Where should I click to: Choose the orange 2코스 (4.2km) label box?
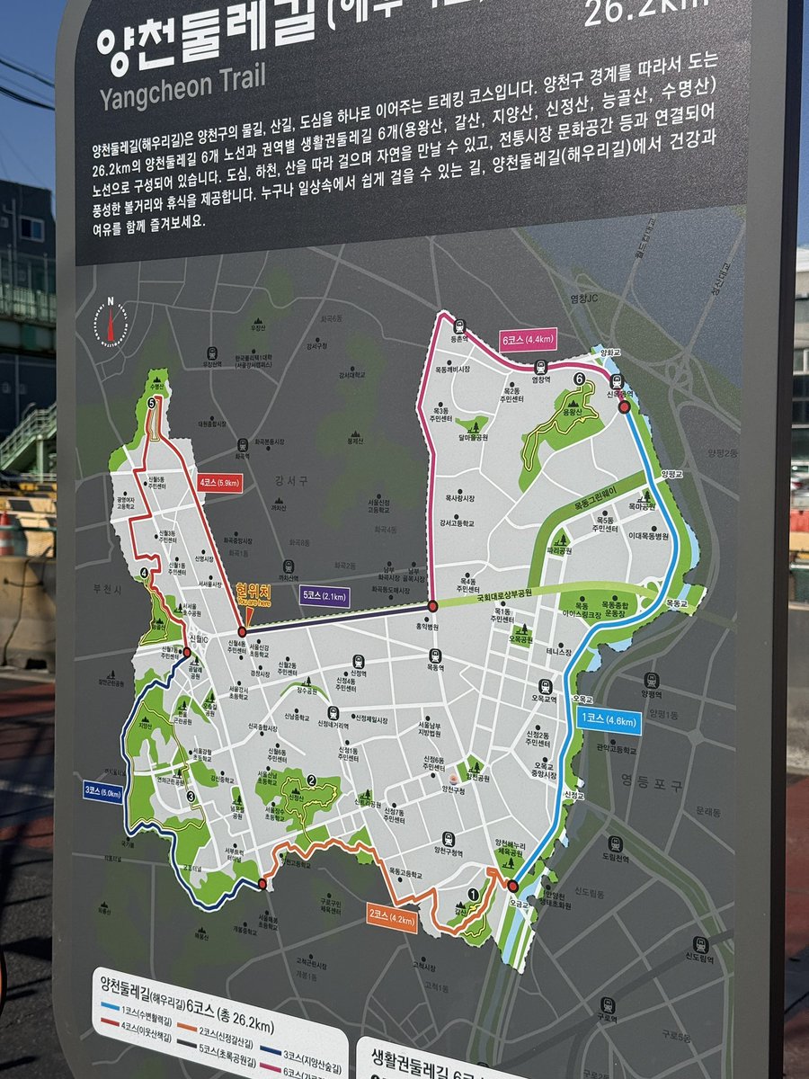(x=392, y=918)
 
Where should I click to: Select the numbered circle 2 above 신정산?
(x=310, y=780)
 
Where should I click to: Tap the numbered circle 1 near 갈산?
(x=473, y=894)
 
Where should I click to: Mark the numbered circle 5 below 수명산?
(x=152, y=405)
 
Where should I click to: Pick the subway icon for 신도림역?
(x=693, y=945)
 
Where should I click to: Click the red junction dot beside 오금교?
(x=513, y=887)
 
